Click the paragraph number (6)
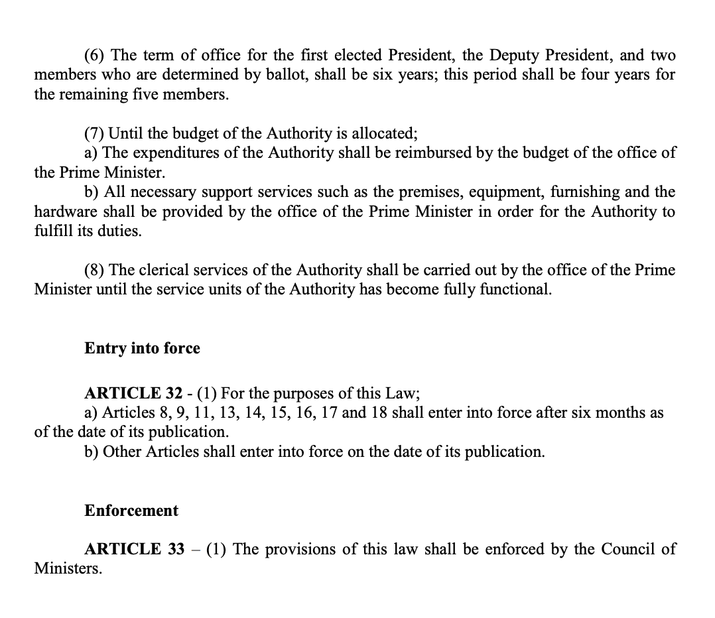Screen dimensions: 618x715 [x=96, y=56]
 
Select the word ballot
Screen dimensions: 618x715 [x=285, y=74]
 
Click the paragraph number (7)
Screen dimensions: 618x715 [x=96, y=133]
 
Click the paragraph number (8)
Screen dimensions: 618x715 [x=96, y=271]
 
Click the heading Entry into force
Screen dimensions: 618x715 [x=142, y=348]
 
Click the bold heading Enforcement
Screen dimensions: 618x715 [x=131, y=511]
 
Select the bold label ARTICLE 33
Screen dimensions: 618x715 [x=134, y=550]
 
